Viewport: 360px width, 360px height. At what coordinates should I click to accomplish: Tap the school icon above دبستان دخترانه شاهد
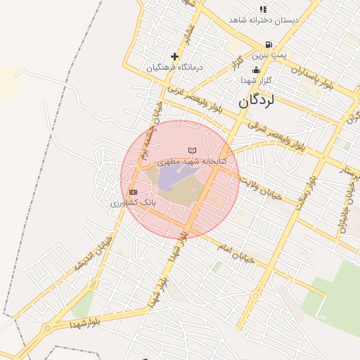pyautogui.click(x=263, y=9)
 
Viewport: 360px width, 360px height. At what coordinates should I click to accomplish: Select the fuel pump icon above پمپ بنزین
pyautogui.click(x=269, y=44)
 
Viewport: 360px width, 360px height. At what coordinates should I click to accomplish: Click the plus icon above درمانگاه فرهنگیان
pyautogui.click(x=174, y=56)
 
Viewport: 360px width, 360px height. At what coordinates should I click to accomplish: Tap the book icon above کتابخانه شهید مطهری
pyautogui.click(x=192, y=150)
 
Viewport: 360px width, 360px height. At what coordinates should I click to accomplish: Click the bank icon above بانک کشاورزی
pyautogui.click(x=133, y=192)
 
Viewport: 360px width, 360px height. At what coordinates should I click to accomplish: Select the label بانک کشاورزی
pyautogui.click(x=133, y=202)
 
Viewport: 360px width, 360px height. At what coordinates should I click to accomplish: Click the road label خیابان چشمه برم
pyautogui.click(x=150, y=135)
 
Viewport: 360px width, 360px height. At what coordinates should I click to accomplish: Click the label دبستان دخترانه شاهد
pyautogui.click(x=263, y=20)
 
